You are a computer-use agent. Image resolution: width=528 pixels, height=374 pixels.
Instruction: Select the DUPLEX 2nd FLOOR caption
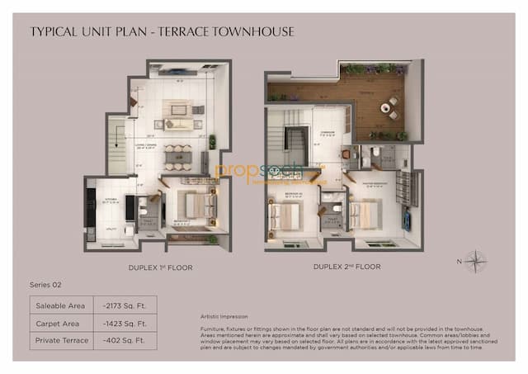pos(348,267)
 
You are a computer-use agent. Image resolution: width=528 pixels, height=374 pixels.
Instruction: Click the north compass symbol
pos(474,263)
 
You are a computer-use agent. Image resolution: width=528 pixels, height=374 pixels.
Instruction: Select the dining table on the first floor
pos(177,156)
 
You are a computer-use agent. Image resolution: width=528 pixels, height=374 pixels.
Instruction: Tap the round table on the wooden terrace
pos(384,107)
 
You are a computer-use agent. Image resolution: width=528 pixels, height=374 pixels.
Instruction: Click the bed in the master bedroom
pos(365,216)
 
